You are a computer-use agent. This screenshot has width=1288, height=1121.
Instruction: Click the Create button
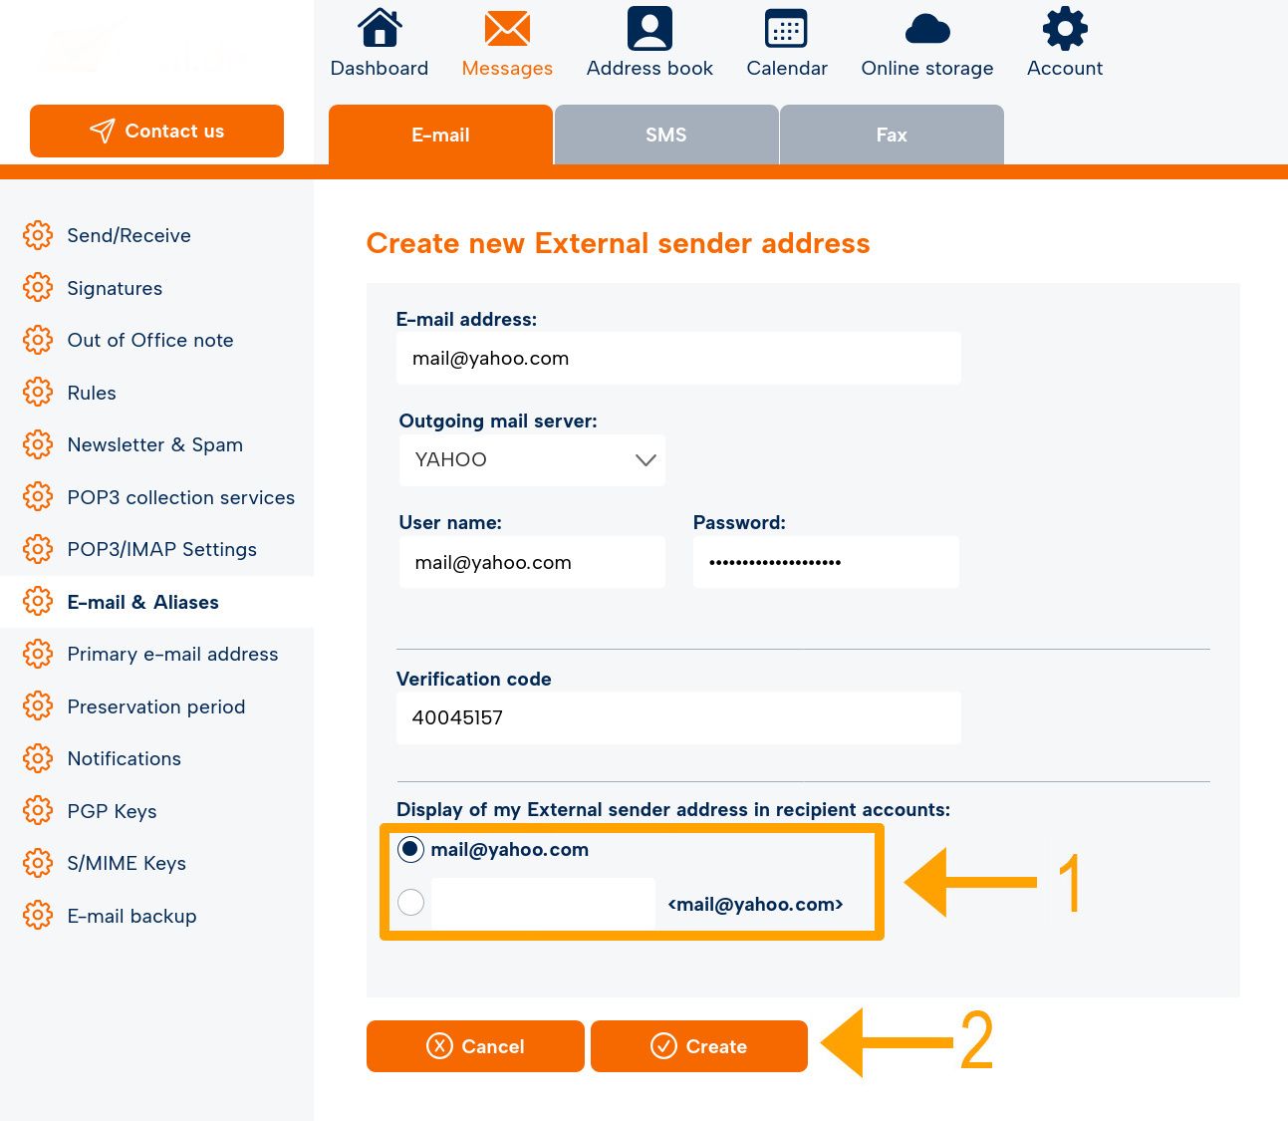tap(698, 1046)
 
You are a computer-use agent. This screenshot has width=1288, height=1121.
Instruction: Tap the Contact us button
tap(156, 131)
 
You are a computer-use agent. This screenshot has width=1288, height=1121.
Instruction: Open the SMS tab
tap(666, 135)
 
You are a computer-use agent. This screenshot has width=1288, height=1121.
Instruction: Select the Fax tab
tap(892, 135)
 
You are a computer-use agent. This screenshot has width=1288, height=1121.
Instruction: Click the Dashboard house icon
tap(380, 27)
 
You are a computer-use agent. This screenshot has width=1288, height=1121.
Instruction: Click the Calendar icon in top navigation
tap(786, 28)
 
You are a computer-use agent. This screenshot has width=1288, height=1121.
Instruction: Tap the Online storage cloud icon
tap(927, 29)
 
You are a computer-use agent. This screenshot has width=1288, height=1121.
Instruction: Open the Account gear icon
tap(1065, 28)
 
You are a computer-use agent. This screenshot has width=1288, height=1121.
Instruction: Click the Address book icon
tap(649, 28)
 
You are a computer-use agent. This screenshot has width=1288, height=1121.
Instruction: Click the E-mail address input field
tap(678, 359)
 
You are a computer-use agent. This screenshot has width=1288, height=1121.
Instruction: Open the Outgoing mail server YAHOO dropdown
tap(532, 459)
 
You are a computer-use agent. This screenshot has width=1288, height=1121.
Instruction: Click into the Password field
tap(826, 562)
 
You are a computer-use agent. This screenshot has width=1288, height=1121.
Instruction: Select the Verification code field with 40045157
tap(678, 718)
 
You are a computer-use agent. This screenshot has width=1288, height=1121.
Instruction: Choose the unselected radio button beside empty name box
tap(411, 902)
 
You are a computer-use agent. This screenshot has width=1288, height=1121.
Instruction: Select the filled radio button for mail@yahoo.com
tap(410, 850)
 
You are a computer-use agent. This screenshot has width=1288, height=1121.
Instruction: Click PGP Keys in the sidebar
tap(112, 811)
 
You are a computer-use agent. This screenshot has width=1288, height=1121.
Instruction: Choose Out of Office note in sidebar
tap(150, 340)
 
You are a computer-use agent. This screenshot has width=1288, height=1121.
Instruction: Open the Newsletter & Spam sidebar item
tap(154, 444)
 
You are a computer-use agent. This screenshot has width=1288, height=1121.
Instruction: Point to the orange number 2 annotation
tap(976, 1039)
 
